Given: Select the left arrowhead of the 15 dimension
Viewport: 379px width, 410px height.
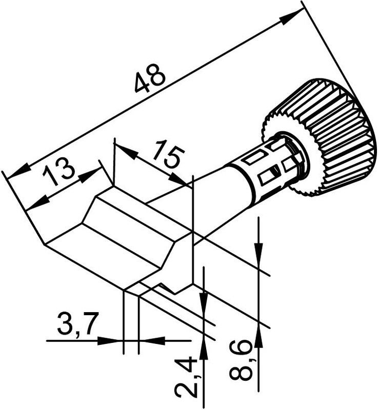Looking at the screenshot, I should [x=125, y=151].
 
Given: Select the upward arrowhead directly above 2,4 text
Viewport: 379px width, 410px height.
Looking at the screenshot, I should [x=204, y=348].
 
